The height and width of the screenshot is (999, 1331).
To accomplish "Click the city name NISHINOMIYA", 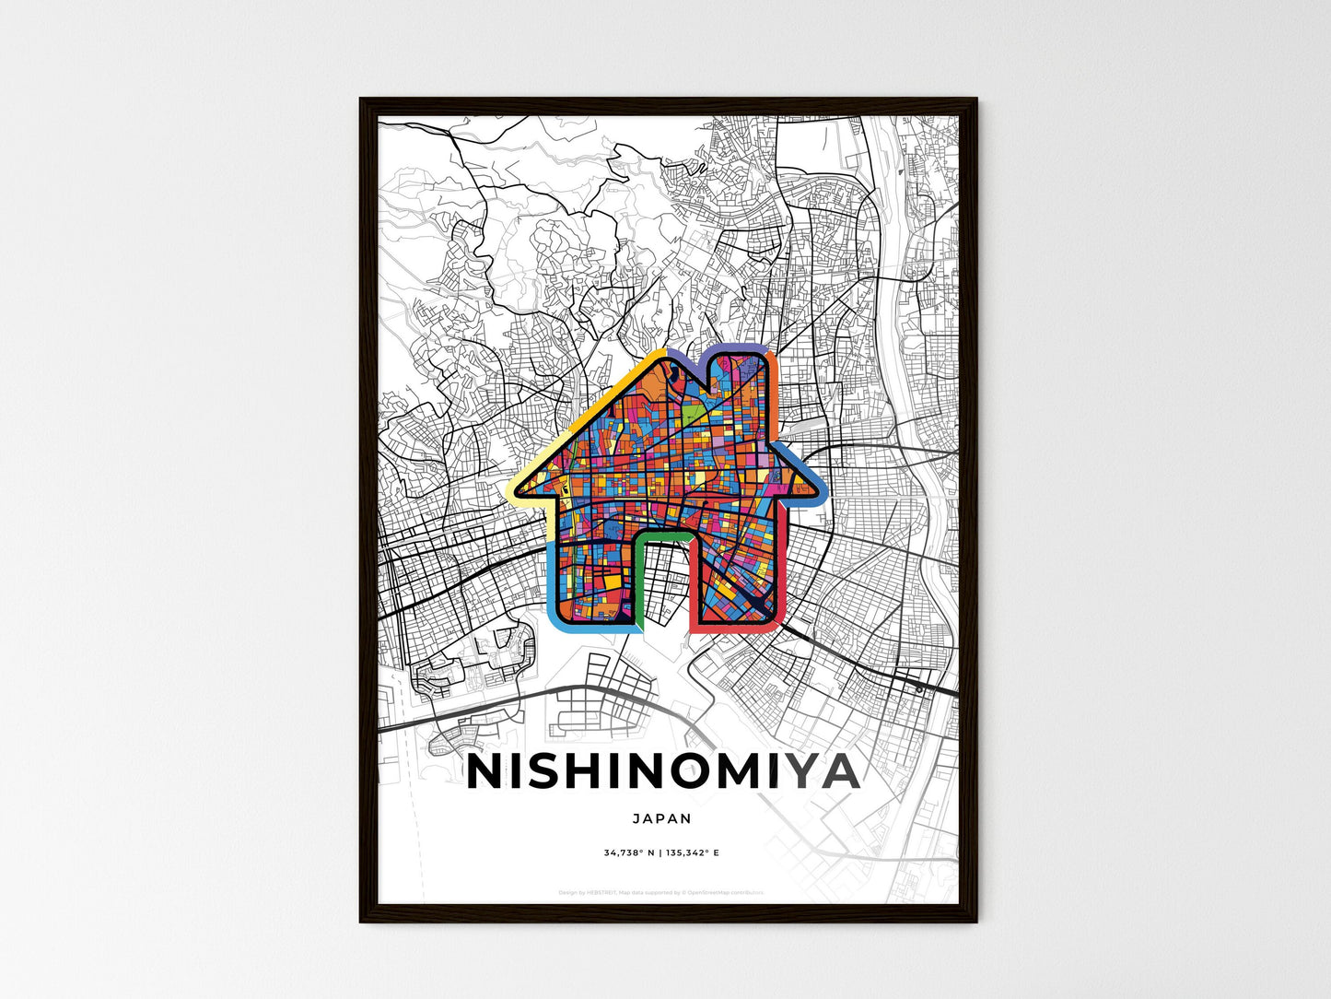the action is tap(663, 772).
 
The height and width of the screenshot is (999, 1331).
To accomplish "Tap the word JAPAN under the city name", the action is tap(662, 818).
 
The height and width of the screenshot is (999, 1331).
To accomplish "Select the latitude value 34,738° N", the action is tap(629, 853).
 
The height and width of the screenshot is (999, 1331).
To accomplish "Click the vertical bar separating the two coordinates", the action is tap(660, 853).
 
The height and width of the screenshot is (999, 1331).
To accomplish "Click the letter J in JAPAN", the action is tap(637, 818).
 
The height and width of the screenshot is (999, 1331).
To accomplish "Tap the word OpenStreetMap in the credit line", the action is tap(713, 892).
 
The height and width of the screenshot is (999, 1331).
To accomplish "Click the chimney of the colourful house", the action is tap(737, 378).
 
